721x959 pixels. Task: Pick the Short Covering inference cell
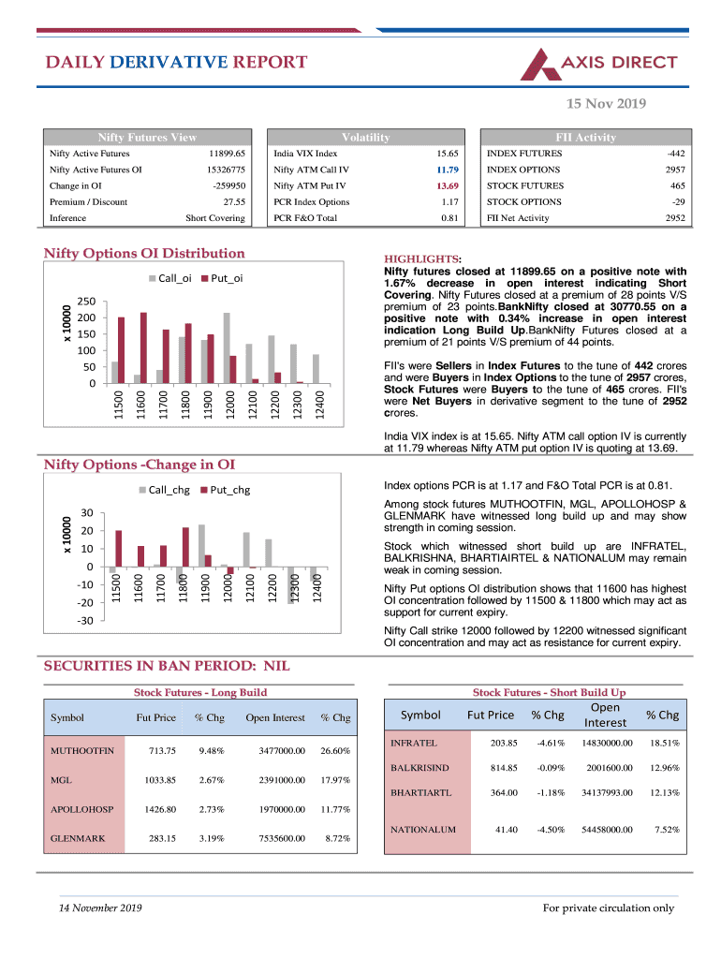(215, 218)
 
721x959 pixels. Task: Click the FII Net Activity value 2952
(674, 218)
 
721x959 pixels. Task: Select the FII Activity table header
(585, 138)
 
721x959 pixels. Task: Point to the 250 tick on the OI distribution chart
(86, 302)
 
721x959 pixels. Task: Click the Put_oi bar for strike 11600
(143, 347)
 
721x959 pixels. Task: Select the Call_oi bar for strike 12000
(227, 347)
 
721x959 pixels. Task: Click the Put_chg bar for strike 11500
(119, 548)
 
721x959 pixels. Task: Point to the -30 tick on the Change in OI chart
(84, 621)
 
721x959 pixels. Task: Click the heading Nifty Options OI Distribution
(145, 253)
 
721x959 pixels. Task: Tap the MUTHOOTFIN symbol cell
(82, 751)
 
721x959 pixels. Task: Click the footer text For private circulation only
(608, 907)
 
